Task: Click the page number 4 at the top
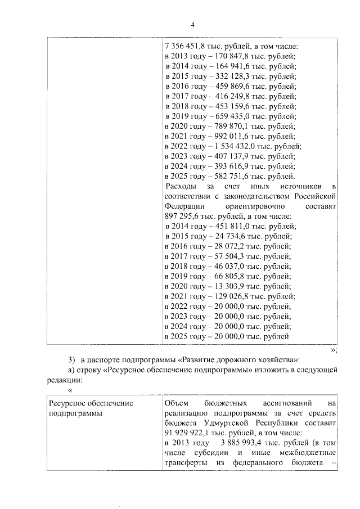coord(192,25)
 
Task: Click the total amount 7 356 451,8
coord(186,46)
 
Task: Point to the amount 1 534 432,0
coord(233,146)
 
